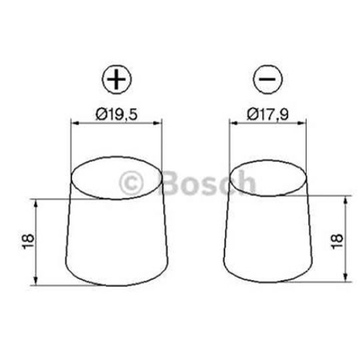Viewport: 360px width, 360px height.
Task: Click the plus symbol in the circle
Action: click(117, 81)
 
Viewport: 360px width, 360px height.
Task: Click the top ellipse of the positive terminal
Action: click(117, 179)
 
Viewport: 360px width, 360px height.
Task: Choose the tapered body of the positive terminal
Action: click(116, 240)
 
